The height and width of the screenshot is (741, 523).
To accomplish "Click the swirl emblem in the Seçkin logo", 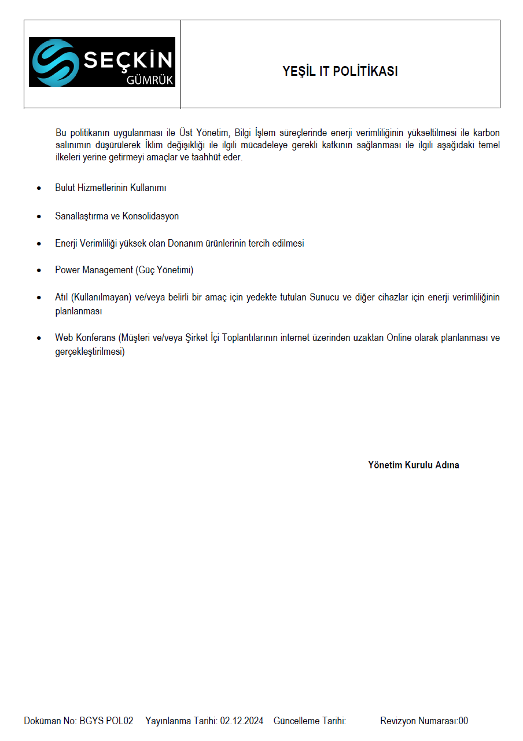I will pyautogui.click(x=56, y=63).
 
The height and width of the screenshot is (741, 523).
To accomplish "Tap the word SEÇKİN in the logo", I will pyautogui.click(x=128, y=60).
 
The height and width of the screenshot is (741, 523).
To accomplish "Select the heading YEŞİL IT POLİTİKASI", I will pyautogui.click(x=340, y=71).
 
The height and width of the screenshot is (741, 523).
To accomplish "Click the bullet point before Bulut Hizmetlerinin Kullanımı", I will pyautogui.click(x=39, y=189).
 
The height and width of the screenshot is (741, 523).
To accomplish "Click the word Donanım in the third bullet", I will pyautogui.click(x=183, y=243).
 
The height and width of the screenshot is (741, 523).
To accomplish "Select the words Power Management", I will pyautogui.click(x=94, y=270).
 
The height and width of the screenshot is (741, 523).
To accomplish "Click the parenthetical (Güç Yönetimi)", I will pyautogui.click(x=164, y=270).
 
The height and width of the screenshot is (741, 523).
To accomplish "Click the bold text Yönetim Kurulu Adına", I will pyautogui.click(x=414, y=465).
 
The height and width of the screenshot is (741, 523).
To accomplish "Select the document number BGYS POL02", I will pyautogui.click(x=106, y=721).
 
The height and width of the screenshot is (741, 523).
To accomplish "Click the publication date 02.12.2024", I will pyautogui.click(x=242, y=721).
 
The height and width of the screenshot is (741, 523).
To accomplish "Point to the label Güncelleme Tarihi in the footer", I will pyautogui.click(x=310, y=721).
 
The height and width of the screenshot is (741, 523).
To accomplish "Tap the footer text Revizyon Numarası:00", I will pyautogui.click(x=424, y=721).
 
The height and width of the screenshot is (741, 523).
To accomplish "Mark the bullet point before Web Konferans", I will pyautogui.click(x=39, y=338).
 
